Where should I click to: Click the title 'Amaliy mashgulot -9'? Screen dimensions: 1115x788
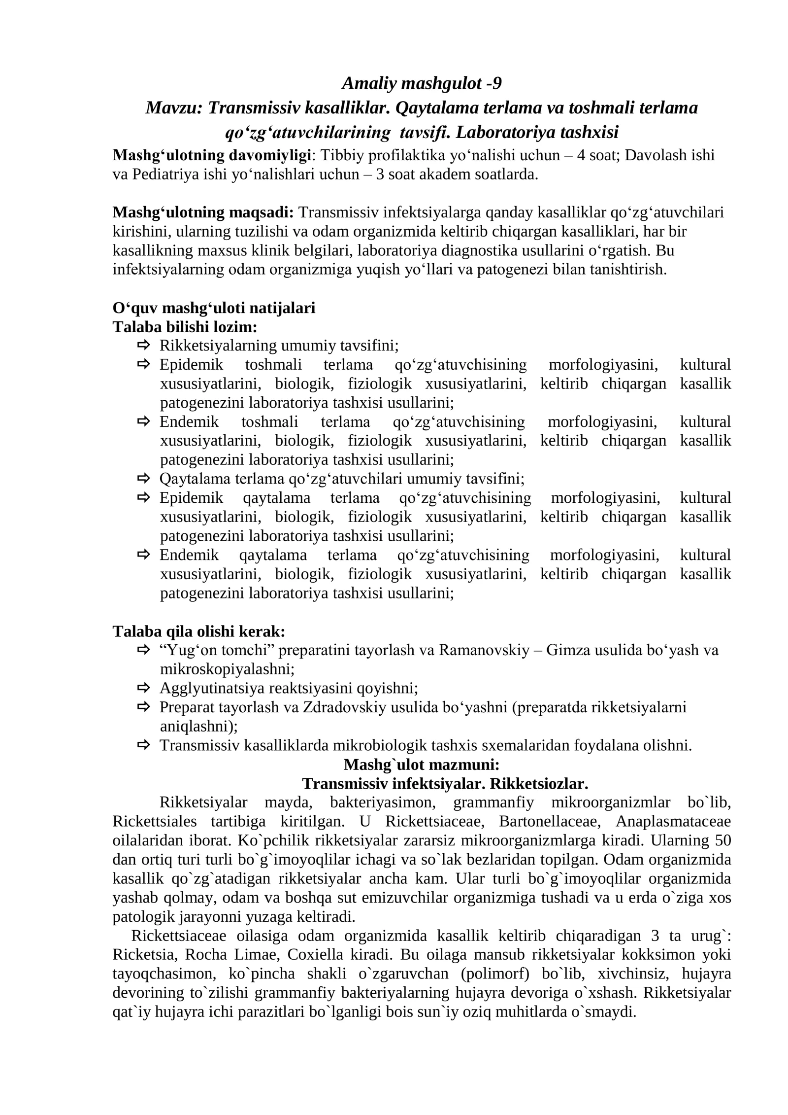[422, 83]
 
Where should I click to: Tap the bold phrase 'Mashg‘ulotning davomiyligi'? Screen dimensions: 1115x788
[212, 155]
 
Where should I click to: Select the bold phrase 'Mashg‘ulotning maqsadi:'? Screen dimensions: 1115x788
[203, 212]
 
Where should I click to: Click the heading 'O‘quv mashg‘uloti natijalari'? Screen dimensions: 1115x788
[214, 308]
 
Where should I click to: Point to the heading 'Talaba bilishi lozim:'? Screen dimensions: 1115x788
[185, 327]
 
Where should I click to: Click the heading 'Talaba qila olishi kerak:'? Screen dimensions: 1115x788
[199, 631]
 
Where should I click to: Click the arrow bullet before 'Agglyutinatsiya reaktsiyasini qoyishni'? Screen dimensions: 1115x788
[143, 687]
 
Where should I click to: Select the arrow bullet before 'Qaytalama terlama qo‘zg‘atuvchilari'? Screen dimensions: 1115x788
[143, 478]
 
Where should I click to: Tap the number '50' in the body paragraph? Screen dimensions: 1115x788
[722, 840]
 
